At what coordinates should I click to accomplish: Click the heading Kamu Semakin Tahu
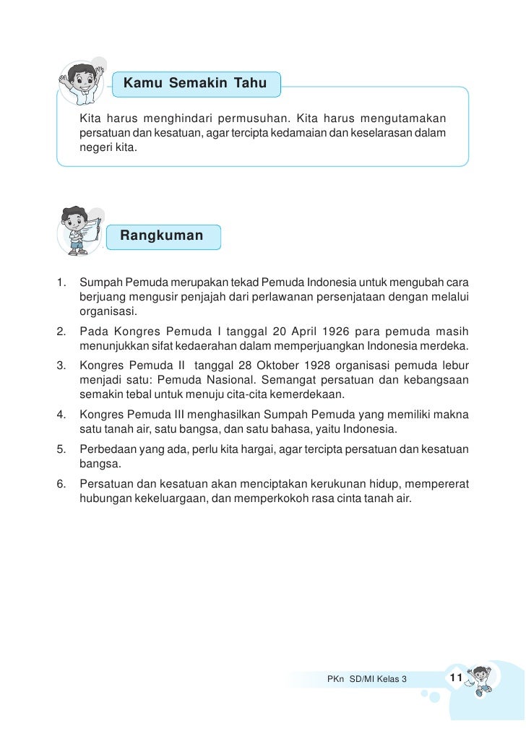pyautogui.click(x=195, y=84)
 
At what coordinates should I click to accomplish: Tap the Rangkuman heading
pyautogui.click(x=161, y=235)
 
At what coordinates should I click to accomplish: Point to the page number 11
pyautogui.click(x=455, y=677)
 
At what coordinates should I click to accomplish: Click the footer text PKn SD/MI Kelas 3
pyautogui.click(x=366, y=679)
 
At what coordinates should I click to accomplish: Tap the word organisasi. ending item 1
pyautogui.click(x=108, y=313)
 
